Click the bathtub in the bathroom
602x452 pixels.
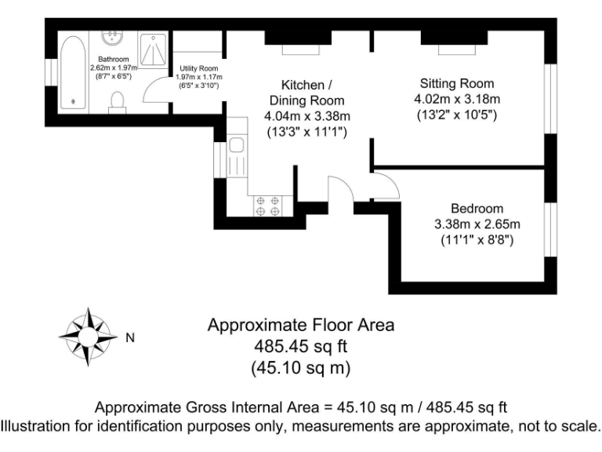74,71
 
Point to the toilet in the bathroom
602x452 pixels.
118,101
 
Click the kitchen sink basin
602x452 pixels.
236,145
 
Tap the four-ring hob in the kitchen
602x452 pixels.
267,206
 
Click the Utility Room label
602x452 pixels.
198,68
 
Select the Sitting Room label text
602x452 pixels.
457,84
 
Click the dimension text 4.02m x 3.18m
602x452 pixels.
457,100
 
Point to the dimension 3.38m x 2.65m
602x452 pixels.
477,224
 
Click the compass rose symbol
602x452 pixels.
88,338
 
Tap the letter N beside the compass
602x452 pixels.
131,338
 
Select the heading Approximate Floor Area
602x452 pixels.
300,324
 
